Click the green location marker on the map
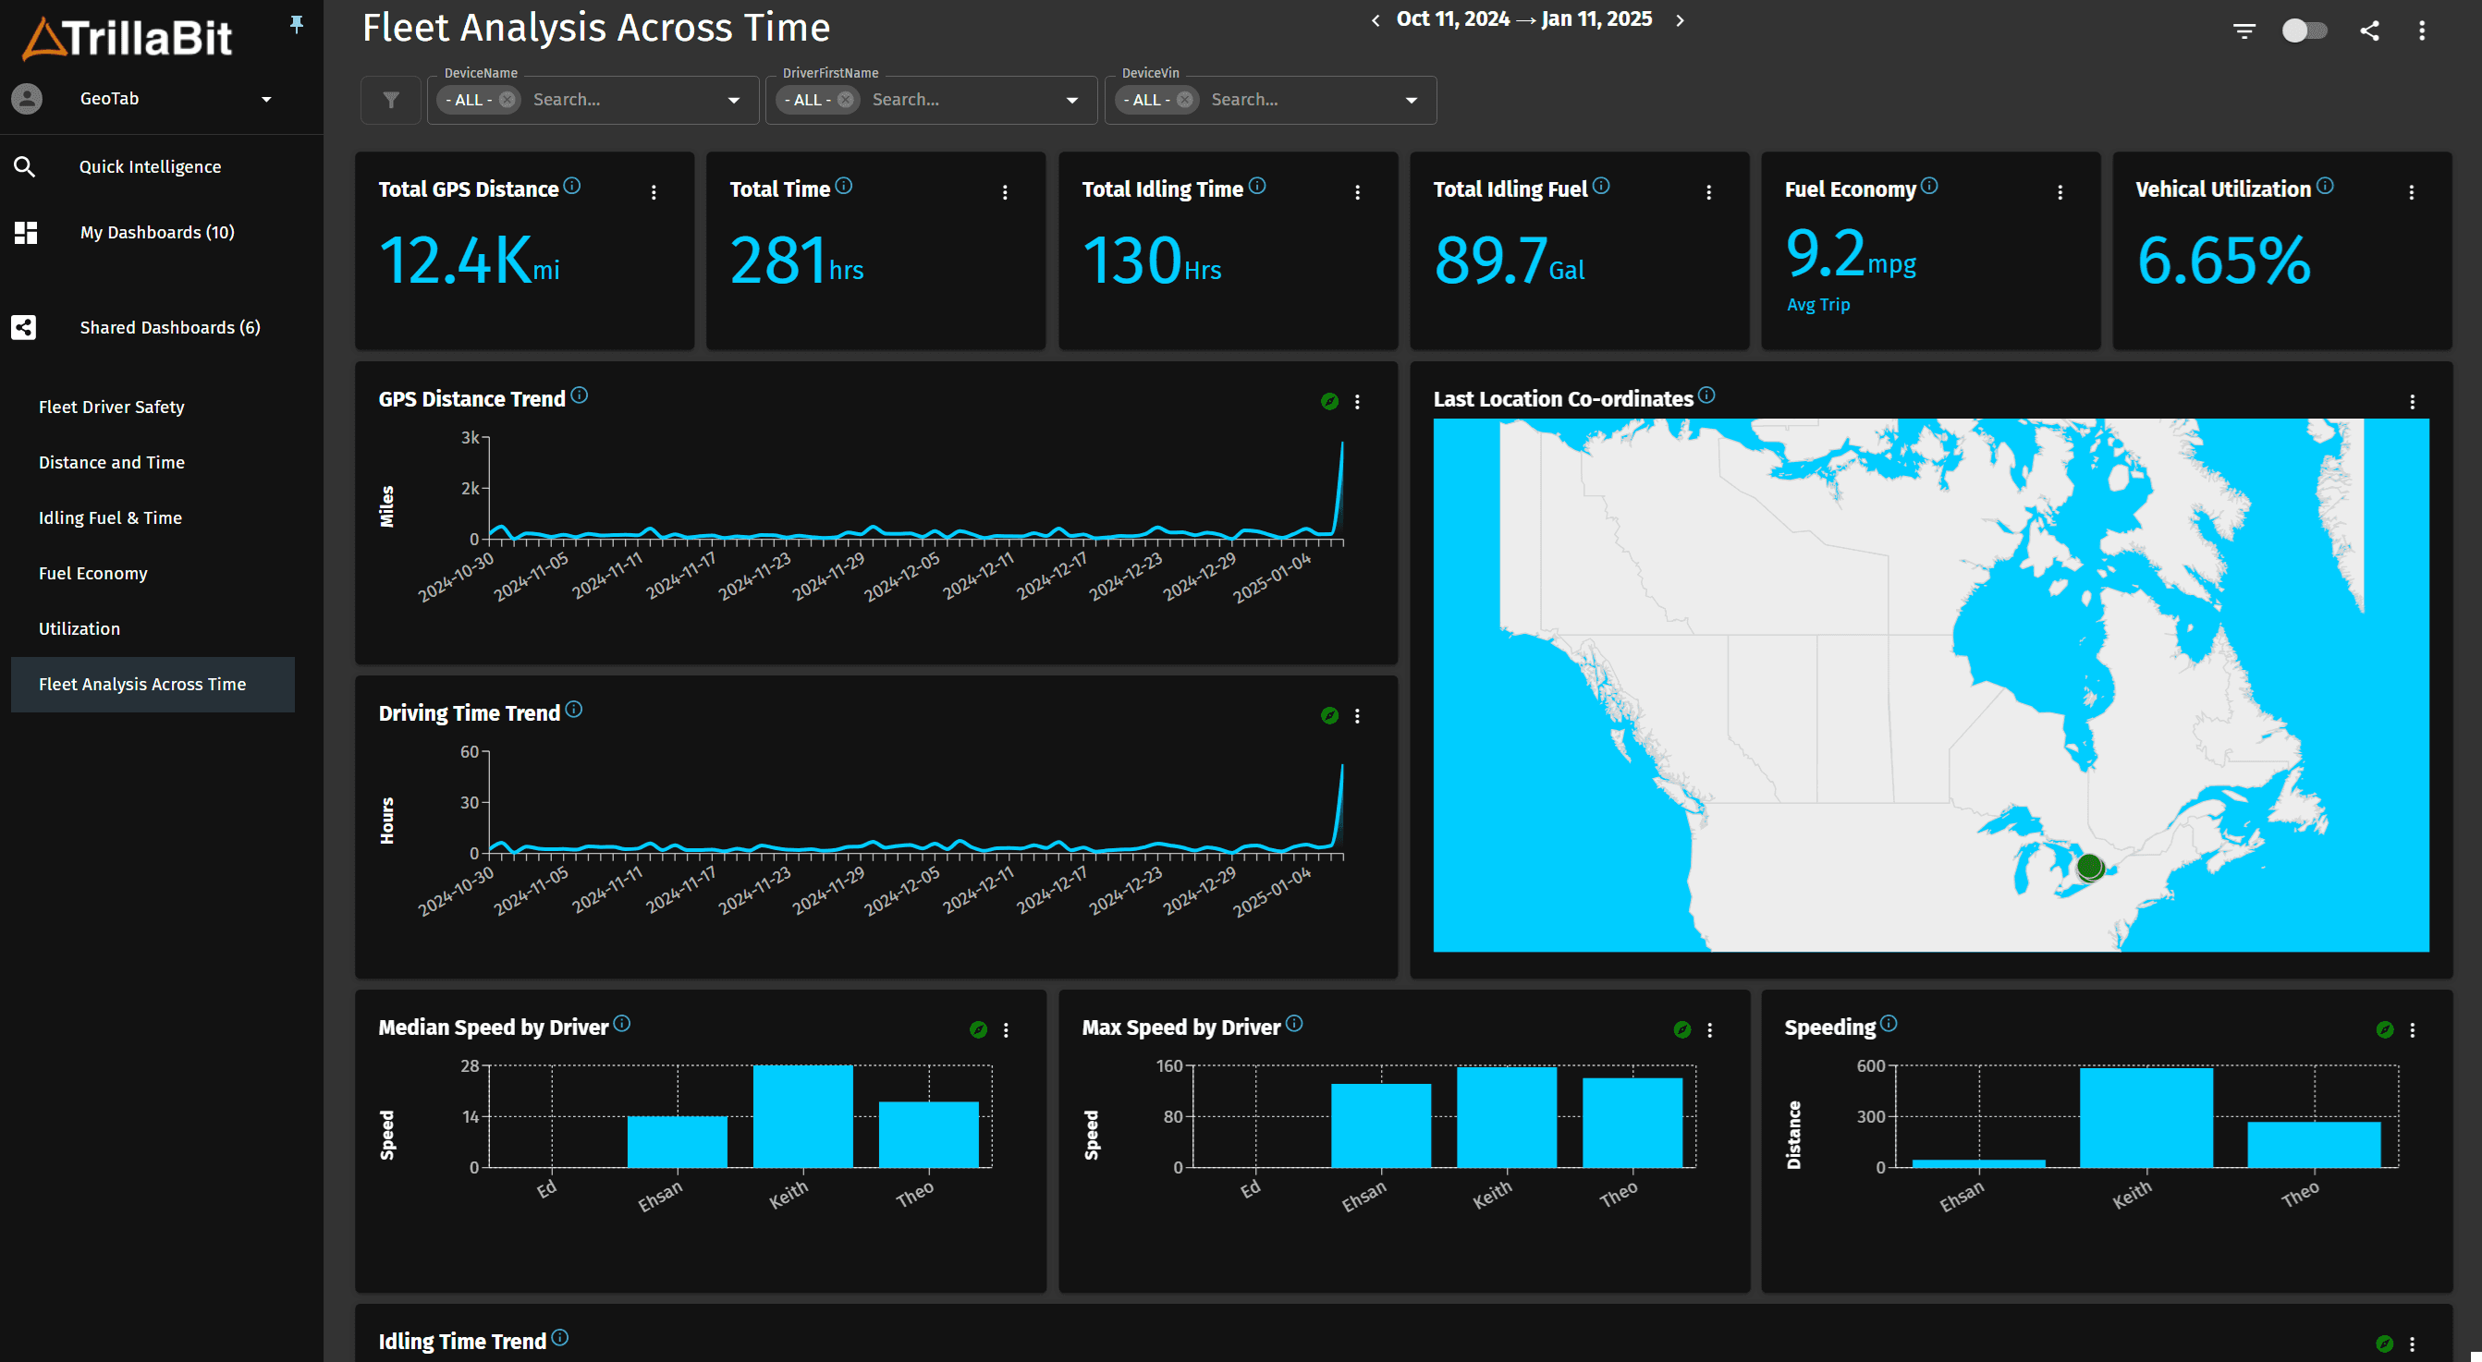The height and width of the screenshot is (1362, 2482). [x=2089, y=867]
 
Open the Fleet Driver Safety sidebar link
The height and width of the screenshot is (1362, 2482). [x=112, y=407]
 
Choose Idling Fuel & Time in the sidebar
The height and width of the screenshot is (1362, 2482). [x=110, y=517]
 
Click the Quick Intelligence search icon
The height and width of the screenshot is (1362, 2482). [x=25, y=166]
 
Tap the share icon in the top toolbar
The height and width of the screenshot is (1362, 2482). [x=2369, y=30]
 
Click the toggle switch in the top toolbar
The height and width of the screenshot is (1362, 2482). [x=2304, y=30]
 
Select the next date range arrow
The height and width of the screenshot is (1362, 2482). [x=1681, y=20]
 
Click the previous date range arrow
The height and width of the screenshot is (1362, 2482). [x=1375, y=20]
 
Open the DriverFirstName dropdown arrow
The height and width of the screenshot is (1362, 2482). [x=1071, y=100]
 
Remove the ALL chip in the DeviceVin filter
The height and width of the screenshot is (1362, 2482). [x=1184, y=99]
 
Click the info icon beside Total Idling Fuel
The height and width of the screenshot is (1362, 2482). [x=1600, y=186]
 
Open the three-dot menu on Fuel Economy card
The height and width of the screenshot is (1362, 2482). [x=2060, y=192]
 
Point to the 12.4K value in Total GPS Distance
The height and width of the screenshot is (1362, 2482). [x=455, y=260]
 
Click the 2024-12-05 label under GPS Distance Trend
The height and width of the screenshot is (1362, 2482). [x=903, y=577]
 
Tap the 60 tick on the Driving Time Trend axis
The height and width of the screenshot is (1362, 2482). [x=470, y=751]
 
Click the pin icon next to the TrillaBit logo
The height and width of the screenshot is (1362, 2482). [x=297, y=25]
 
